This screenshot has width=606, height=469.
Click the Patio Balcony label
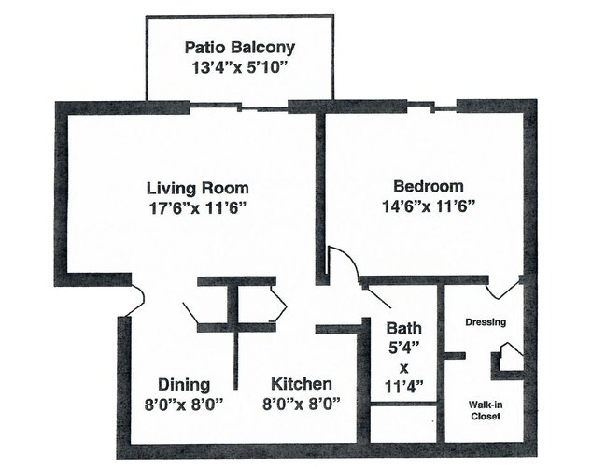point(239,47)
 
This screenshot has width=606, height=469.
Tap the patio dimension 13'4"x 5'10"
point(239,67)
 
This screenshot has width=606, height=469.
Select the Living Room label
point(194,186)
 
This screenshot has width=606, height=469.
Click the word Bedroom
point(428,186)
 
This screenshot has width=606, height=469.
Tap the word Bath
point(404,329)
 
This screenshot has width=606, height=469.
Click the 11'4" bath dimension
point(404,384)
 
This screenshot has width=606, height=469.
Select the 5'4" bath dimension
point(404,347)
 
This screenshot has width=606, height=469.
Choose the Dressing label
point(486,322)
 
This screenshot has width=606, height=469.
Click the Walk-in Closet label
point(486,410)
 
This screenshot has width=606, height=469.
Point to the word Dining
point(183,385)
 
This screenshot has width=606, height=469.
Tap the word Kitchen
point(301,385)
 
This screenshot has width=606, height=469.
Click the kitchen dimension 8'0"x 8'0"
point(301,404)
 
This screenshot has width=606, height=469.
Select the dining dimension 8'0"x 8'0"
point(183,404)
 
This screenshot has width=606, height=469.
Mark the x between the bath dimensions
point(404,365)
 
